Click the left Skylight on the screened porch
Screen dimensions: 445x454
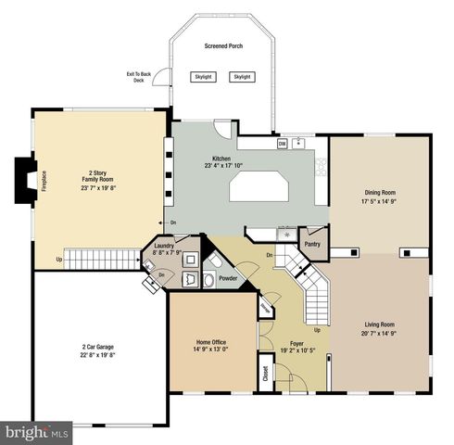coord(203,77)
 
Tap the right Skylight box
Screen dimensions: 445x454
coord(242,77)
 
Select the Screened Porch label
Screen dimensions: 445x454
coord(222,45)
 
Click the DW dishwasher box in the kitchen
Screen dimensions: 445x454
coord(282,144)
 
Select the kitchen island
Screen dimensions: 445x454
coord(260,189)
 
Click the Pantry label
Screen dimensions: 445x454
coord(311,245)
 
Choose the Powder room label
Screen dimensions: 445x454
coord(227,277)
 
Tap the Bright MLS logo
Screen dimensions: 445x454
coord(37,432)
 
